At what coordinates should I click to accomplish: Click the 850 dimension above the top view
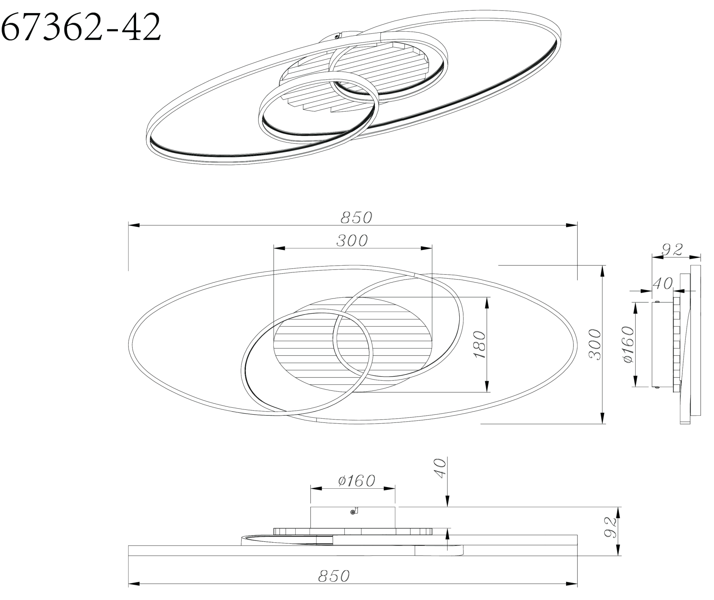[x=356, y=218]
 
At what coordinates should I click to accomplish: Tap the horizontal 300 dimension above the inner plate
[x=352, y=241]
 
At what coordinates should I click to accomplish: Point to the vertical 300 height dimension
[x=595, y=344]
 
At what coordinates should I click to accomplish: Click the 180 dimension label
[x=480, y=344]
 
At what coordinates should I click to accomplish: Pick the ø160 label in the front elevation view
[x=357, y=481]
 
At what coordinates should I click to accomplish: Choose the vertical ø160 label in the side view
[x=628, y=344]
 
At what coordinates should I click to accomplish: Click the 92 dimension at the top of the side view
[x=673, y=250]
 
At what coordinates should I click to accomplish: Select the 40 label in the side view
[x=663, y=284]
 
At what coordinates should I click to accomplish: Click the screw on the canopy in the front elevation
[x=353, y=512]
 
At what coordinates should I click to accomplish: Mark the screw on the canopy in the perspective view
[x=337, y=36]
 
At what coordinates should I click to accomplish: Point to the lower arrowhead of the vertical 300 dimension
[x=602, y=419]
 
